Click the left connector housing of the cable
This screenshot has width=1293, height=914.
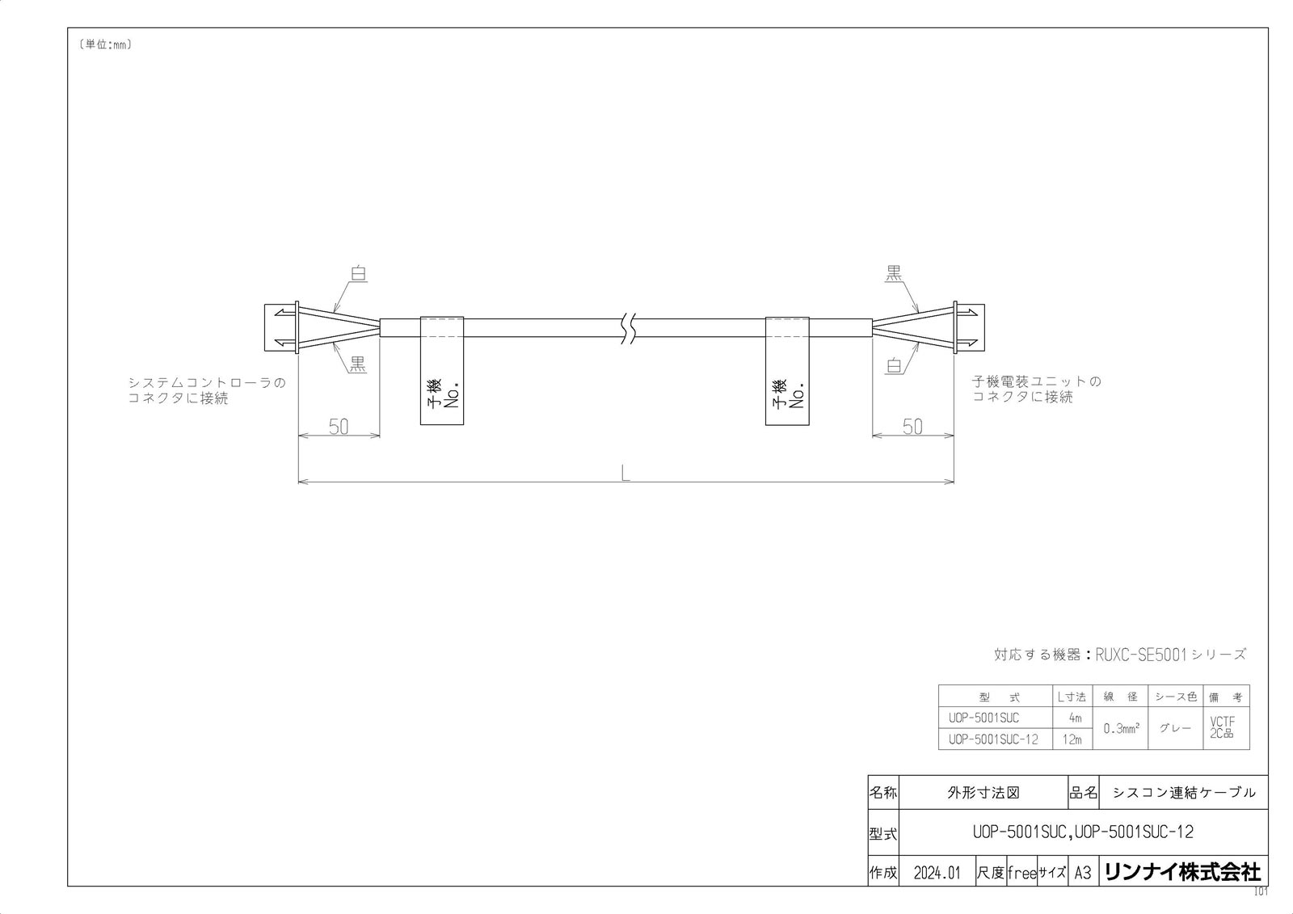coord(281,327)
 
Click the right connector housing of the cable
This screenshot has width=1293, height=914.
coord(969,327)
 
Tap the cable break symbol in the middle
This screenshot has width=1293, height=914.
coord(630,328)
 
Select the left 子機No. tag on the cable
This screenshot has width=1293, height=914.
coord(442,371)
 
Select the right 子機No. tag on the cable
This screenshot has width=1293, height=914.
coord(787,371)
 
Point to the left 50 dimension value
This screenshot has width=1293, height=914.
coord(339,427)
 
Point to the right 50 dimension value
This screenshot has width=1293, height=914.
coord(912,427)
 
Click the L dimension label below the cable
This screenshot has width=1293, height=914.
coord(625,474)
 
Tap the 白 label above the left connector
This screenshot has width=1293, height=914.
coord(359,273)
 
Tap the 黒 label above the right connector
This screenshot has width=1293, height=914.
coord(894,272)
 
